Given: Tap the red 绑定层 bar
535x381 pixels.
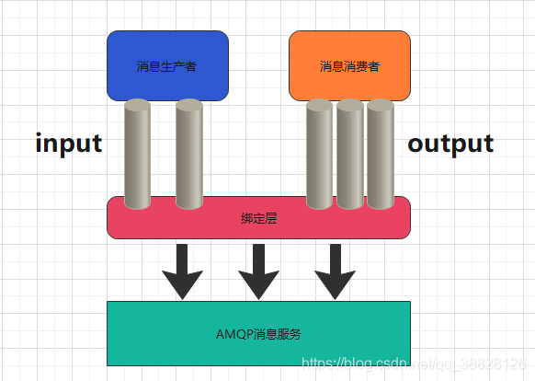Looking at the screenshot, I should pyautogui.click(x=258, y=225).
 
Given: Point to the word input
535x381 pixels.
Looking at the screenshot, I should pyautogui.click(x=68, y=144).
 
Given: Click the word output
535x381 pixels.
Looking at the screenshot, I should pyautogui.click(x=450, y=144).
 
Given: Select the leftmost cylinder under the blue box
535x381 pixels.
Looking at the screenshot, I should pyautogui.click(x=137, y=156).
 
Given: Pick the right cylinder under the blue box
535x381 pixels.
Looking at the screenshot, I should pyautogui.click(x=188, y=156).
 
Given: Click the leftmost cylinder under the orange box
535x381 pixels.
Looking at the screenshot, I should pyautogui.click(x=319, y=156).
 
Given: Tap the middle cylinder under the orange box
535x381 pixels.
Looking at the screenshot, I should pyautogui.click(x=349, y=156).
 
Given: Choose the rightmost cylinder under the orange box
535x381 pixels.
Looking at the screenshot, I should pyautogui.click(x=380, y=156).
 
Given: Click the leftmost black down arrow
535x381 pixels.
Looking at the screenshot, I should pyautogui.click(x=182, y=271).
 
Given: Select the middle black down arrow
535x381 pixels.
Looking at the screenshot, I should pyautogui.click(x=258, y=271).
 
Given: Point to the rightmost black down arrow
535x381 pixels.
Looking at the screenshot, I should pyautogui.click(x=335, y=271).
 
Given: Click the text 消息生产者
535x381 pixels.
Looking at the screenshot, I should pyautogui.click(x=166, y=66).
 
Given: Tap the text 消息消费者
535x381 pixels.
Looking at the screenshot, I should pyautogui.click(x=349, y=66).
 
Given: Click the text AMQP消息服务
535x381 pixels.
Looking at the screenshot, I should pyautogui.click(x=258, y=333).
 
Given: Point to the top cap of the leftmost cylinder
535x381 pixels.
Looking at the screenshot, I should pyautogui.click(x=137, y=104).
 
